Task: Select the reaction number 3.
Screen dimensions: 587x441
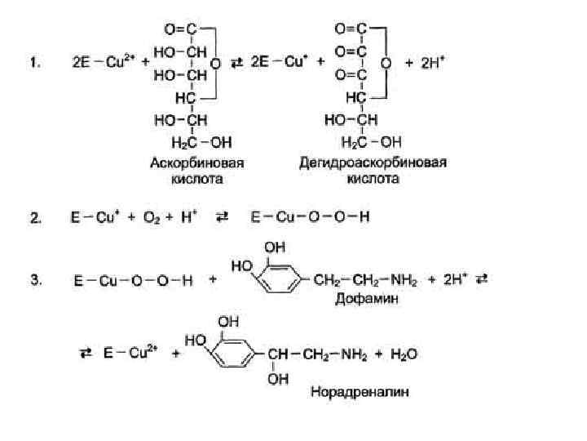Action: [34, 280]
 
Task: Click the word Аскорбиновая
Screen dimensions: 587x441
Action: [196, 162]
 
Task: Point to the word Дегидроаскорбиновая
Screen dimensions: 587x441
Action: [372, 162]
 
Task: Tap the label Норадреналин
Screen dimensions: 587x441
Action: [359, 392]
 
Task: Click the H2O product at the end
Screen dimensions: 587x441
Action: [403, 355]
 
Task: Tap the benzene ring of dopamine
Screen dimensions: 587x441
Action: [277, 279]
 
